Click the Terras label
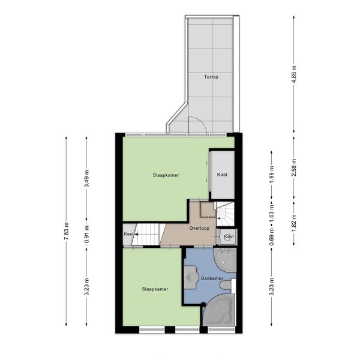211,77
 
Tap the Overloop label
199,228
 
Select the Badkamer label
212,278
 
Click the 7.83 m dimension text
67,231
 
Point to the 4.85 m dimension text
294,75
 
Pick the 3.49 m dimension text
86,179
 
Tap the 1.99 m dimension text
272,175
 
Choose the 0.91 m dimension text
86,235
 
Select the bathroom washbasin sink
191,277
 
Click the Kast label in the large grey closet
222,175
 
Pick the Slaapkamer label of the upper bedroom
166,175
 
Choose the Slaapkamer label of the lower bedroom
155,289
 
